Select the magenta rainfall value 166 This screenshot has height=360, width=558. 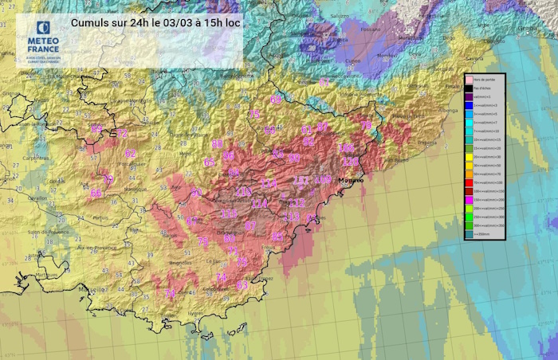[347, 148]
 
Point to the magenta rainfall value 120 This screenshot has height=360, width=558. [350, 162]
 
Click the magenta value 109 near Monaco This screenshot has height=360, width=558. [323, 180]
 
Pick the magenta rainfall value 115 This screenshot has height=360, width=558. [230, 214]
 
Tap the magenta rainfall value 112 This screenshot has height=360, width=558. [297, 203]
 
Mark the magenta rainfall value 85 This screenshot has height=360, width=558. [278, 237]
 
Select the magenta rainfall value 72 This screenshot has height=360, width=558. [122, 133]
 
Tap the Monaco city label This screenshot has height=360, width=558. [350, 181]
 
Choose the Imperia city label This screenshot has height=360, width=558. [428, 143]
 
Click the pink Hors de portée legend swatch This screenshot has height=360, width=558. [471, 80]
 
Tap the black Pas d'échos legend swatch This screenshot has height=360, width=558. [471, 88]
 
